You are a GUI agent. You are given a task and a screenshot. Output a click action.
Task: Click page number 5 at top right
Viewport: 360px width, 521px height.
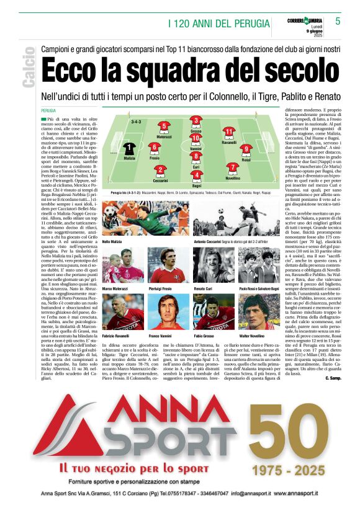tap(338, 20)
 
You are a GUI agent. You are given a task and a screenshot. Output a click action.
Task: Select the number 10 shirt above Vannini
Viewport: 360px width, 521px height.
tap(196, 138)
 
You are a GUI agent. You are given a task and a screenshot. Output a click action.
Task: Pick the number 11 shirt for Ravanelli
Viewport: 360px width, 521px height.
tap(228, 132)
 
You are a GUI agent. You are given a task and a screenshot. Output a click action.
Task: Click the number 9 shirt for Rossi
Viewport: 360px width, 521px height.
tap(246, 149)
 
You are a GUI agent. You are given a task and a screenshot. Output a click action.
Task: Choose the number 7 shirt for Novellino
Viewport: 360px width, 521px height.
tap(232, 167)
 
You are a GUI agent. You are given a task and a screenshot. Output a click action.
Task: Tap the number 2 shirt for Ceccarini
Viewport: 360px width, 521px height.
tap(160, 171)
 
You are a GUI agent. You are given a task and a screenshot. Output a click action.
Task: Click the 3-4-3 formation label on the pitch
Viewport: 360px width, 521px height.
tap(137, 122)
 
